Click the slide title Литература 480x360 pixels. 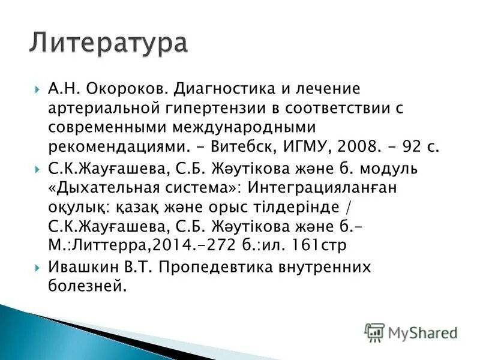click(x=108, y=44)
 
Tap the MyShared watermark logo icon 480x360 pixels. click(x=374, y=332)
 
